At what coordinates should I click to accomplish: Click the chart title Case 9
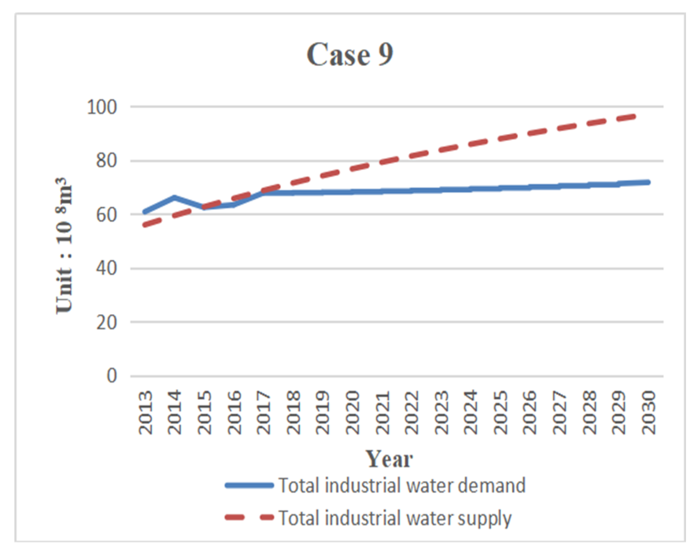349,55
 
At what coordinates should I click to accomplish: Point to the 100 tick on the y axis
101,107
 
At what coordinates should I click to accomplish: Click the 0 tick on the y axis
111,376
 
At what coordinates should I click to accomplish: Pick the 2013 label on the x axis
145,412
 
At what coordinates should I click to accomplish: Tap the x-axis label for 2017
264,412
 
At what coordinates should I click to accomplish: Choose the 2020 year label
352,412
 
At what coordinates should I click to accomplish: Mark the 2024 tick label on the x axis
471,412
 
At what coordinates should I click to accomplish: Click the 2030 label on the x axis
648,412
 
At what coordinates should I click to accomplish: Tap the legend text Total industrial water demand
402,486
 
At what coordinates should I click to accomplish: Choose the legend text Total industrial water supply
395,518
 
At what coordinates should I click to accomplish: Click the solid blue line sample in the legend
249,486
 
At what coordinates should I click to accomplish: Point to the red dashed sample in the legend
249,518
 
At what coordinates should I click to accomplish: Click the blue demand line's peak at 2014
174,197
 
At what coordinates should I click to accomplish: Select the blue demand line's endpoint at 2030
648,182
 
